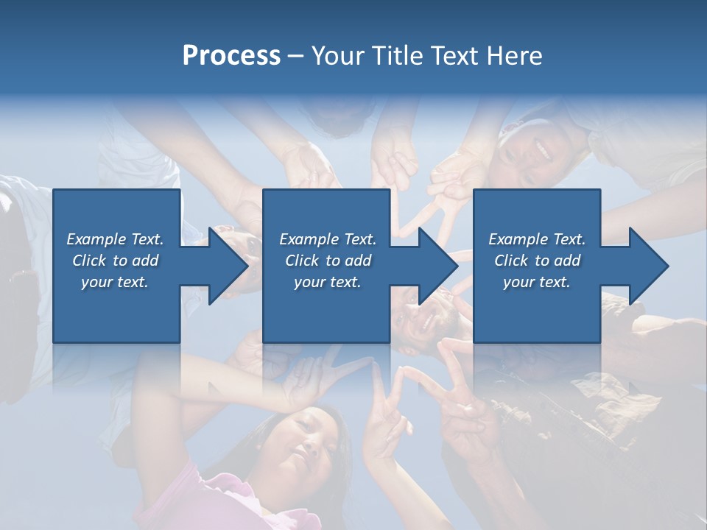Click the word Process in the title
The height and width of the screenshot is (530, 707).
[x=231, y=56]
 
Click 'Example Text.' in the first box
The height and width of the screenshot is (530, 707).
[x=116, y=239]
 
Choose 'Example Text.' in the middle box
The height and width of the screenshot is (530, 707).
[x=328, y=239]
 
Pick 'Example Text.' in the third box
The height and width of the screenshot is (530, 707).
[x=537, y=239]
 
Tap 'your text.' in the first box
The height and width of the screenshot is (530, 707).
[x=116, y=282]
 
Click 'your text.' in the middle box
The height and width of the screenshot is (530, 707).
[x=328, y=282]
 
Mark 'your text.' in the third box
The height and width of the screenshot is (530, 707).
[x=537, y=282]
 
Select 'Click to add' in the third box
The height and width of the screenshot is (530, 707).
[x=537, y=261]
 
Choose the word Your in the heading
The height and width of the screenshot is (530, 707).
[x=338, y=56]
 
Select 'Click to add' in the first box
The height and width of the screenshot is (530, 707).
[x=116, y=261]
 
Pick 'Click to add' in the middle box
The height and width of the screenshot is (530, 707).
[x=328, y=261]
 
